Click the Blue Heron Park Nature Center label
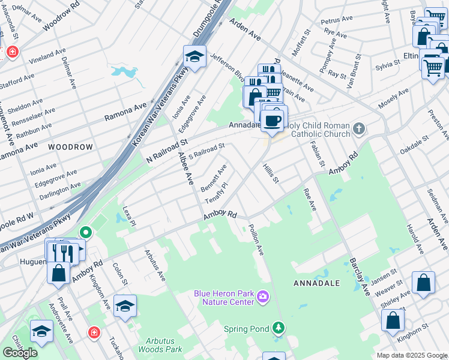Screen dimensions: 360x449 (224, 297)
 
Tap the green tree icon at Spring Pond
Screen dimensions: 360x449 (278, 328)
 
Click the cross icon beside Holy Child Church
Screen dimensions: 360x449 (358, 129)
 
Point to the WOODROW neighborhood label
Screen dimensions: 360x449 (71, 147)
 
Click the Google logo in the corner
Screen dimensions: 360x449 (20, 352)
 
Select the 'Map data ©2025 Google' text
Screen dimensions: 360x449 (412, 355)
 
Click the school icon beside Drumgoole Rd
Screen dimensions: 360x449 (194, 57)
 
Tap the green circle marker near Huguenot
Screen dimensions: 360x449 (86, 232)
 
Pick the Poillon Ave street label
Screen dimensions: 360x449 (256, 240)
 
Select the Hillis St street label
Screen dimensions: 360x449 (271, 174)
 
